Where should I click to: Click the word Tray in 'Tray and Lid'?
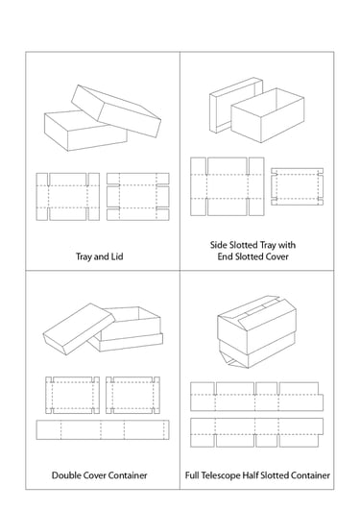(83, 256)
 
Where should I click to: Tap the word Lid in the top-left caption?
(117, 256)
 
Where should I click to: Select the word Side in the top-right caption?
(219, 245)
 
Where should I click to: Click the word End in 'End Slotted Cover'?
(226, 256)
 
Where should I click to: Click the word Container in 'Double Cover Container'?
(128, 475)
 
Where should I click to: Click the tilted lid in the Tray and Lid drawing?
(116, 110)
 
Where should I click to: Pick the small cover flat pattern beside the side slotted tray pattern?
(298, 186)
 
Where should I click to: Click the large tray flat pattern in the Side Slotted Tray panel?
(227, 186)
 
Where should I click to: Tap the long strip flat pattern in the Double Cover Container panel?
(103, 429)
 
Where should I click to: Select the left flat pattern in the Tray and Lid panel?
(67, 197)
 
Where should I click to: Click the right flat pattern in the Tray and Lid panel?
(138, 197)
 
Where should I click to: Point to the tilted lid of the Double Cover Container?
(79, 328)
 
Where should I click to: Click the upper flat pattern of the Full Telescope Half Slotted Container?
(256, 397)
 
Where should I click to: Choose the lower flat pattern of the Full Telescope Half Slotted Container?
(256, 432)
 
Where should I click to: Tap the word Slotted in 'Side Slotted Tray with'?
(244, 245)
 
